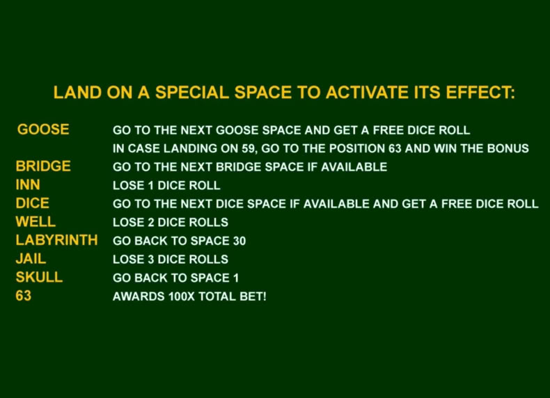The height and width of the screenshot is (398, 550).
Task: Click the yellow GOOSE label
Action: click(43, 129)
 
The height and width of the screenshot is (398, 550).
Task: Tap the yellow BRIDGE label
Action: click(43, 166)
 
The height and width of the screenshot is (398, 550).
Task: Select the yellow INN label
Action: click(28, 185)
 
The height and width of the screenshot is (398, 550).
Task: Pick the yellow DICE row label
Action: click(32, 203)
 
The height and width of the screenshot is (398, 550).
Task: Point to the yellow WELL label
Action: click(36, 222)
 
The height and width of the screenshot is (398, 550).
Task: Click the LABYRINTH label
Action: click(56, 240)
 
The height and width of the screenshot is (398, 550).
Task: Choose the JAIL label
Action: click(31, 259)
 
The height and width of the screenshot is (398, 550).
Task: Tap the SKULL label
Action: click(39, 278)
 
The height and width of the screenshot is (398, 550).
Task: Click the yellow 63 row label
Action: click(24, 296)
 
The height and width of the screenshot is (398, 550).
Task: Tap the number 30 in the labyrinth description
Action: click(239, 241)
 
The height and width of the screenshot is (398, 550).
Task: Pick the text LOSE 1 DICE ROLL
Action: click(166, 186)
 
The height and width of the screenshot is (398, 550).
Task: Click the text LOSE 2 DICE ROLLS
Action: click(171, 223)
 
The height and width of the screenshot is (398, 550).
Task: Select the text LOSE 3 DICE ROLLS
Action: click(171, 260)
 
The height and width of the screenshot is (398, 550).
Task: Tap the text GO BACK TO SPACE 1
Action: click(175, 278)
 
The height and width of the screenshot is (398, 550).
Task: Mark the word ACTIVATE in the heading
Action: click(366, 93)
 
